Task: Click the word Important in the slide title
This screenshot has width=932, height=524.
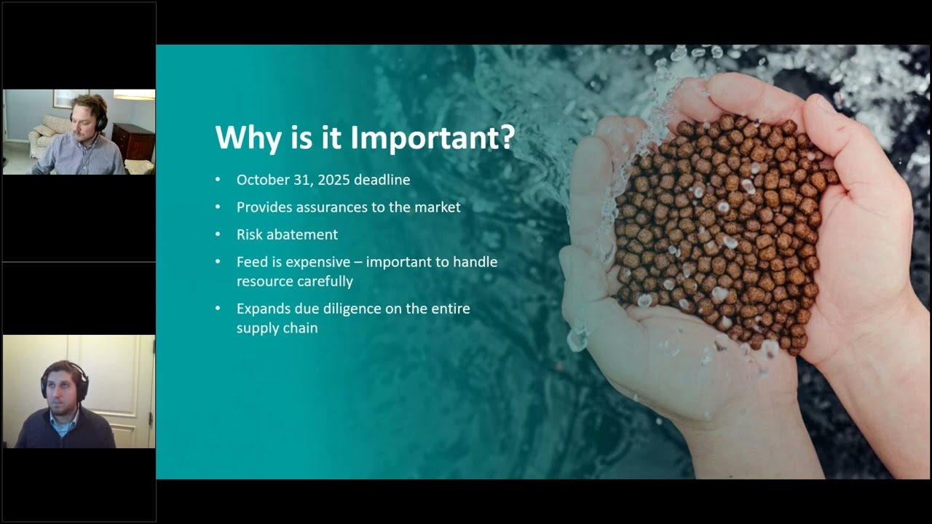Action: [x=433, y=137]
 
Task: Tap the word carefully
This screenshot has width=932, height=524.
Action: [x=325, y=281]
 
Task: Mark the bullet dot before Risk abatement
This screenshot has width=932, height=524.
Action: [x=218, y=234]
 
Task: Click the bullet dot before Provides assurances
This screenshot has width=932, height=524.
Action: [x=218, y=207]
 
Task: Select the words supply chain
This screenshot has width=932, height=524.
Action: [x=277, y=327]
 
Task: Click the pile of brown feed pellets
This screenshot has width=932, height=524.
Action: [x=721, y=233]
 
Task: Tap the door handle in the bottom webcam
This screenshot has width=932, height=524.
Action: [x=151, y=420]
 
